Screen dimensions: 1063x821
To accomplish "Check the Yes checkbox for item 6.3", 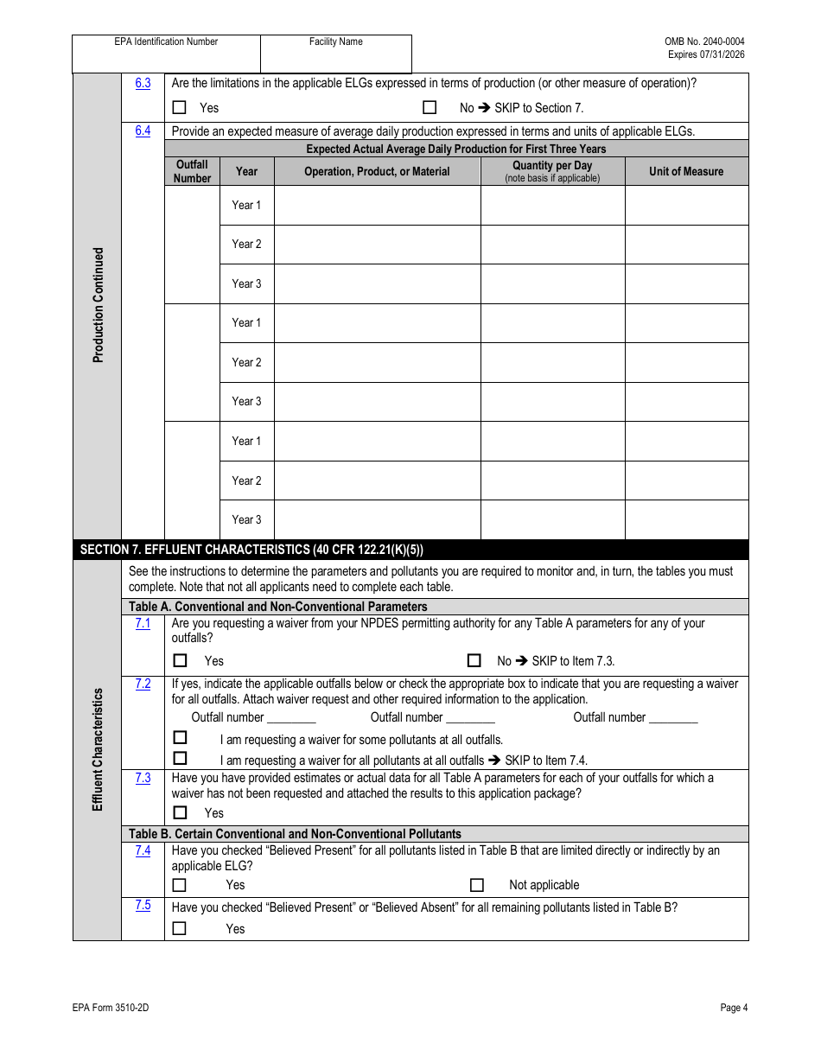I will coord(180,108).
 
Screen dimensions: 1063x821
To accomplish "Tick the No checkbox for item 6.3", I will coord(430,108).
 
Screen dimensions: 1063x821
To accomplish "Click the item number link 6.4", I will coord(143,130).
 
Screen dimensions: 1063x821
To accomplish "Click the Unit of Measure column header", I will coord(686,171).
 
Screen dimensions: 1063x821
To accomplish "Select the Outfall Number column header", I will coord(192,171).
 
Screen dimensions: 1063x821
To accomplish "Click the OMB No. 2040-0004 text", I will coord(704,41).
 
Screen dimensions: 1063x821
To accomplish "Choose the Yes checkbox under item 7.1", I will coord(180,660).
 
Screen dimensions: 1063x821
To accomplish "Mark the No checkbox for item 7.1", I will coord(474,660).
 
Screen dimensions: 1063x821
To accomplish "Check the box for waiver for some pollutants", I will coord(180,738).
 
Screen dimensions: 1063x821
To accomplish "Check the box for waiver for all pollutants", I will coord(180,759).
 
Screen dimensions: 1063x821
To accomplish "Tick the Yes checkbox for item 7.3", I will coord(180,812).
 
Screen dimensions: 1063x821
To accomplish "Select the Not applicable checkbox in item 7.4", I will coord(476,884).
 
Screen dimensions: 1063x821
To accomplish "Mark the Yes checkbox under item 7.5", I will coord(180,928).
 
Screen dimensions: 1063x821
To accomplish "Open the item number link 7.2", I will coord(143,684).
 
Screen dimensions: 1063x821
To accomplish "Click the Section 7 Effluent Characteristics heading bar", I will coord(410,550).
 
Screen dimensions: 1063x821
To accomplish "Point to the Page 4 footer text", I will coord(734,1008).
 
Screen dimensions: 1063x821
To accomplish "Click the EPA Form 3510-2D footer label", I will coord(105,1008).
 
